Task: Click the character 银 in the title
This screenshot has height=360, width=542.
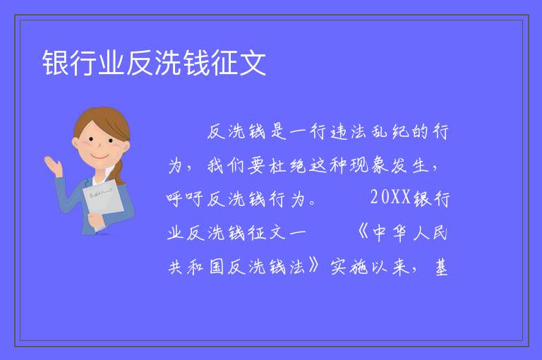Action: [56, 63]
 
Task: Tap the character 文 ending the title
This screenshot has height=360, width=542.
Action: [253, 63]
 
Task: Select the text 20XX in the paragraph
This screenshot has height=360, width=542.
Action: [390, 198]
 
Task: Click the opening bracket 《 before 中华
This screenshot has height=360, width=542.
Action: [363, 232]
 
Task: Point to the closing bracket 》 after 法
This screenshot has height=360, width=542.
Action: [313, 266]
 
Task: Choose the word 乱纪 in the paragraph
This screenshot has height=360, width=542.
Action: [390, 131]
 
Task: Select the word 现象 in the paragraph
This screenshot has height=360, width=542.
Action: [369, 165]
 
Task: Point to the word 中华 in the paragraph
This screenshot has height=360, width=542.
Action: [390, 233]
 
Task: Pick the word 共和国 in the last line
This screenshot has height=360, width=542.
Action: [196, 267]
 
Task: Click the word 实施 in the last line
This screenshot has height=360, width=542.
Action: [349, 267]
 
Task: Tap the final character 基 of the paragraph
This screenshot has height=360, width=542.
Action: [440, 267]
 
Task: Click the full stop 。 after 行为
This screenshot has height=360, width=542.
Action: [313, 203]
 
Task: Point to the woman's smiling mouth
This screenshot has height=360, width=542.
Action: [100, 156]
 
